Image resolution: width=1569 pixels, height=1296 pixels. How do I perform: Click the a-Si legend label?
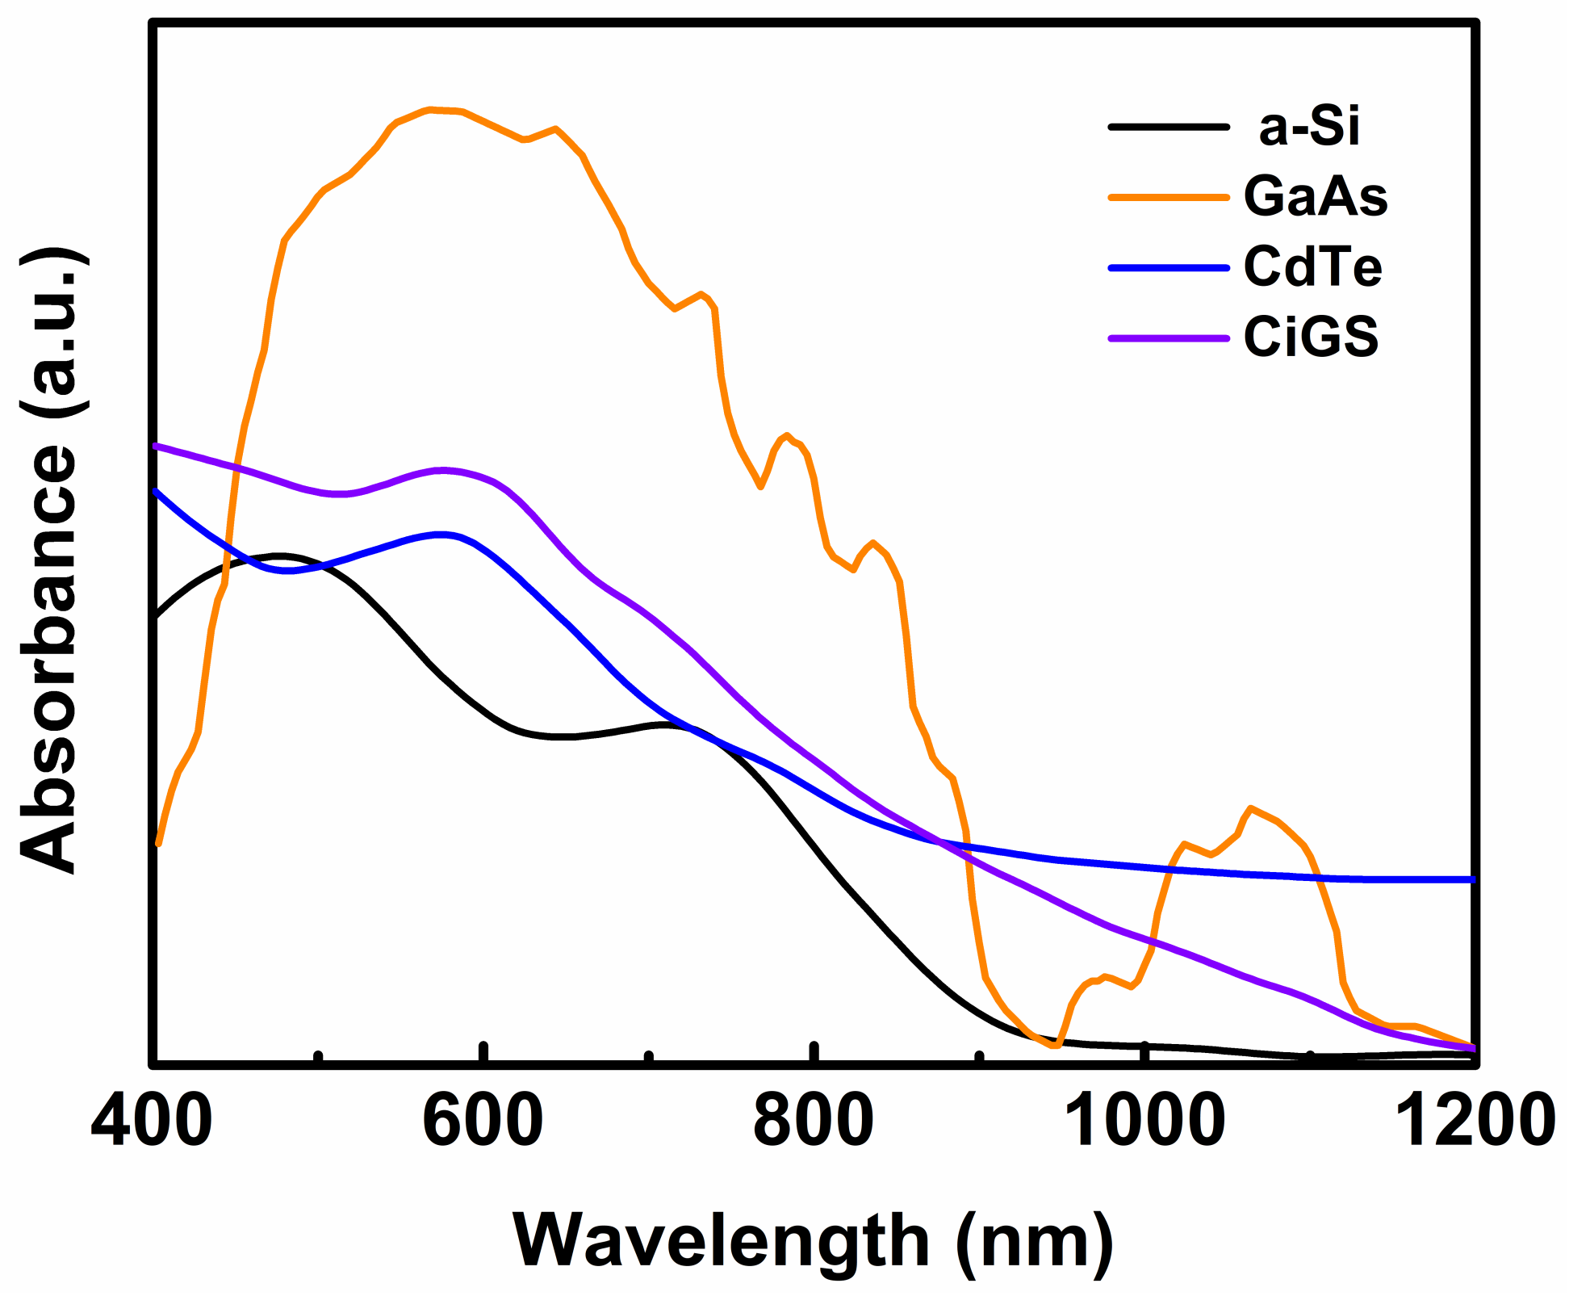tap(1309, 128)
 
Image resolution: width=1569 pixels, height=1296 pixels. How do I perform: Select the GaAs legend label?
tap(1316, 196)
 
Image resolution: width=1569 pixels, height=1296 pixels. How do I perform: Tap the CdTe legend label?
tap(1312, 267)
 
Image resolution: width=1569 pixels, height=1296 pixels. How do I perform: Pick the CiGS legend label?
tap(1311, 337)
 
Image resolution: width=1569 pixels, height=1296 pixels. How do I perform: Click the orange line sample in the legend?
tap(1168, 196)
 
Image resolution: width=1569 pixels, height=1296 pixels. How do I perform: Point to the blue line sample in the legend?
tap(1168, 267)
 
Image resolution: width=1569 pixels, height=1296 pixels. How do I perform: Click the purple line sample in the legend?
tap(1168, 338)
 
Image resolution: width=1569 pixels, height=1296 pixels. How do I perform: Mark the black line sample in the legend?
tap(1168, 127)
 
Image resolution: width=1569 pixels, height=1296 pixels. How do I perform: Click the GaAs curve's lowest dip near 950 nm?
tap(1054, 1046)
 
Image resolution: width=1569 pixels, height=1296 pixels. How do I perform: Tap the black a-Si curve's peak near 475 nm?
tap(278, 556)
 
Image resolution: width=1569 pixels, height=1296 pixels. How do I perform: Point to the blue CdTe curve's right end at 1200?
tap(1473, 879)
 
